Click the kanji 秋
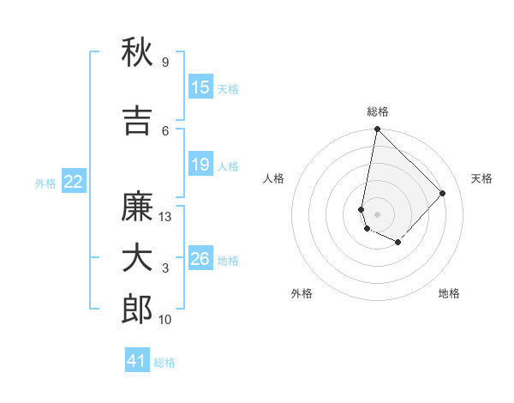137,53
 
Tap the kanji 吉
137,121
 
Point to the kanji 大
137,258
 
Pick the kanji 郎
137,309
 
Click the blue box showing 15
200,87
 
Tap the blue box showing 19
200,165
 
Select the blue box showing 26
200,259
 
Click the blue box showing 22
74,182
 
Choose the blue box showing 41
137,361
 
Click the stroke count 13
165,217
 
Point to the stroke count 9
164,63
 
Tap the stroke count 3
165,268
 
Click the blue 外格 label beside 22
45,183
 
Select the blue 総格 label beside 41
164,363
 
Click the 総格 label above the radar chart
378,111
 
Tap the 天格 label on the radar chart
481,178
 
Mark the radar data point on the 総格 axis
377,129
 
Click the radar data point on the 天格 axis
442,193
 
